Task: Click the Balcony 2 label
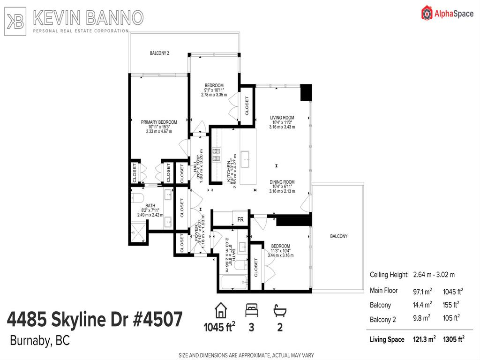pyautogui.click(x=159, y=53)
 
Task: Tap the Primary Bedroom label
pyautogui.click(x=159, y=122)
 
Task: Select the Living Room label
pyautogui.click(x=282, y=118)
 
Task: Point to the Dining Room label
pyautogui.click(x=282, y=182)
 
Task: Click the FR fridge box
pyautogui.click(x=240, y=219)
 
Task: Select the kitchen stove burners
pyautogui.click(x=217, y=155)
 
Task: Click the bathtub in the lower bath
pyautogui.click(x=232, y=282)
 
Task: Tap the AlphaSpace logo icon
pyautogui.click(x=427, y=13)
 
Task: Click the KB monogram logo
pyautogui.click(x=16, y=20)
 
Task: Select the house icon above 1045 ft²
pyautogui.click(x=219, y=310)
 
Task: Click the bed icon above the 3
pyautogui.click(x=251, y=310)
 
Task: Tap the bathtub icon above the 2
pyautogui.click(x=280, y=310)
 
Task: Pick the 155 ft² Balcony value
pyautogui.click(x=451, y=305)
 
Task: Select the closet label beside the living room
pyautogui.click(x=247, y=106)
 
